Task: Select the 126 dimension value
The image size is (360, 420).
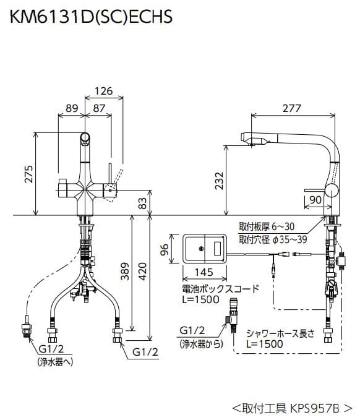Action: point(102,92)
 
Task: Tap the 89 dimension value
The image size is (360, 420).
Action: point(71,108)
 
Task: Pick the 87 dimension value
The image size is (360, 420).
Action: point(98,108)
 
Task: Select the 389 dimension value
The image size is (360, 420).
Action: point(124,270)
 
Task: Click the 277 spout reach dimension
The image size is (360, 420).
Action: point(291,108)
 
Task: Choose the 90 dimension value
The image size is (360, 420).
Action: point(315,199)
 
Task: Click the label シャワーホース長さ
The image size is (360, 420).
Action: point(280,332)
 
